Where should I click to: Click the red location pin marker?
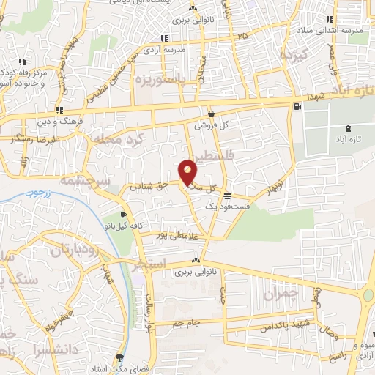(x=188, y=172)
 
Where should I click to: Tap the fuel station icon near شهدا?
(x=296, y=108)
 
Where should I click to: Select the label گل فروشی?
(x=211, y=125)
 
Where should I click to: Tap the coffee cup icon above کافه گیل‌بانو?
(x=123, y=215)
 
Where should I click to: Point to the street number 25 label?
(x=242, y=34)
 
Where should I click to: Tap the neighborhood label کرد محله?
(x=121, y=138)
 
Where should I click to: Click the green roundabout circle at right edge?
(x=368, y=295)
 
